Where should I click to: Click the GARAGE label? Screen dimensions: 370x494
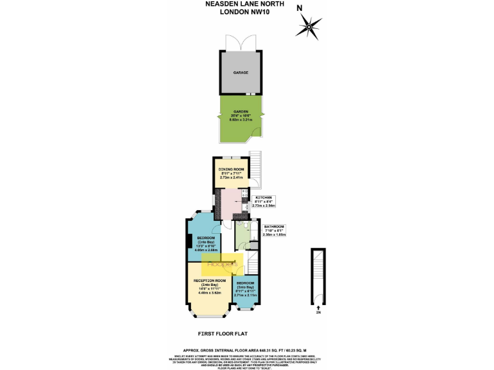(241, 73)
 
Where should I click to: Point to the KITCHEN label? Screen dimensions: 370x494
(264, 197)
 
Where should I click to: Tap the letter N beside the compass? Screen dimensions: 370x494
(299, 8)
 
